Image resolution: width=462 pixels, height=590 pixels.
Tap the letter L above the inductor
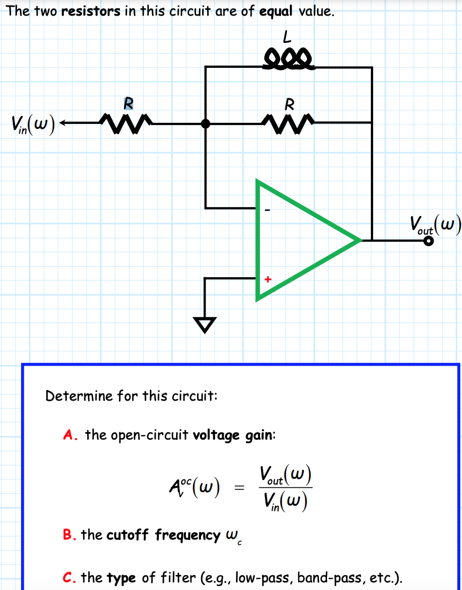pyautogui.click(x=287, y=38)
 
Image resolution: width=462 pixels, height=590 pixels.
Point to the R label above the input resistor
pyautogui.click(x=128, y=103)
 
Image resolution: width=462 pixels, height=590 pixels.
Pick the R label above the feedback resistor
pyautogui.click(x=289, y=104)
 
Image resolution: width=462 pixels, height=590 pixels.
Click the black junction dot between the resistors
pyautogui.click(x=205, y=123)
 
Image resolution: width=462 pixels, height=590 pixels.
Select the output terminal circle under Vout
pyautogui.click(x=429, y=241)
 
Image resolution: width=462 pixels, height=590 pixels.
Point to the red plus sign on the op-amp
pyautogui.click(x=268, y=279)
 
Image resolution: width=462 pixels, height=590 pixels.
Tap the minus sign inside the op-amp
pyautogui.click(x=268, y=211)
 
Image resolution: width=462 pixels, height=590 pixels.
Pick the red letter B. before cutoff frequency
pyautogui.click(x=69, y=535)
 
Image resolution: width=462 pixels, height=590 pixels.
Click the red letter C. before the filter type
pyautogui.click(x=69, y=578)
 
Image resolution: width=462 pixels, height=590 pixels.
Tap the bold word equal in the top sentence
pyautogui.click(x=276, y=12)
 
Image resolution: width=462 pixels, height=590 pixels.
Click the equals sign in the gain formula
pyautogui.click(x=239, y=488)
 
